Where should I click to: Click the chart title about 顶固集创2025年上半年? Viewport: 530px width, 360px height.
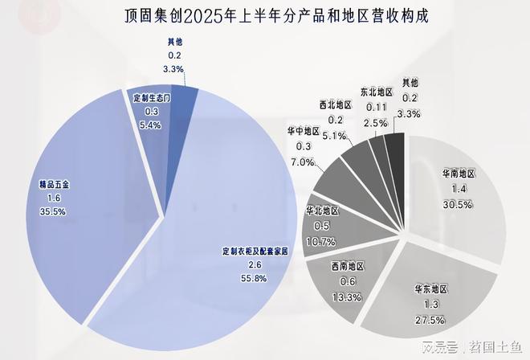pos(264,15)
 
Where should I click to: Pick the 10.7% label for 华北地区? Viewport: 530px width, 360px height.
pos(325,241)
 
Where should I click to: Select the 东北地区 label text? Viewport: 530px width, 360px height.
pos(377,92)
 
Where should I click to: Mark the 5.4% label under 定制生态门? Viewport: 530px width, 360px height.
pos(151,125)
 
